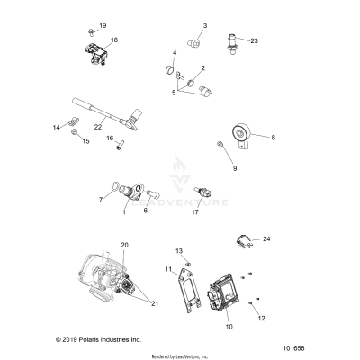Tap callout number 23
point(254,40)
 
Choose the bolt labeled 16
point(117,150)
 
